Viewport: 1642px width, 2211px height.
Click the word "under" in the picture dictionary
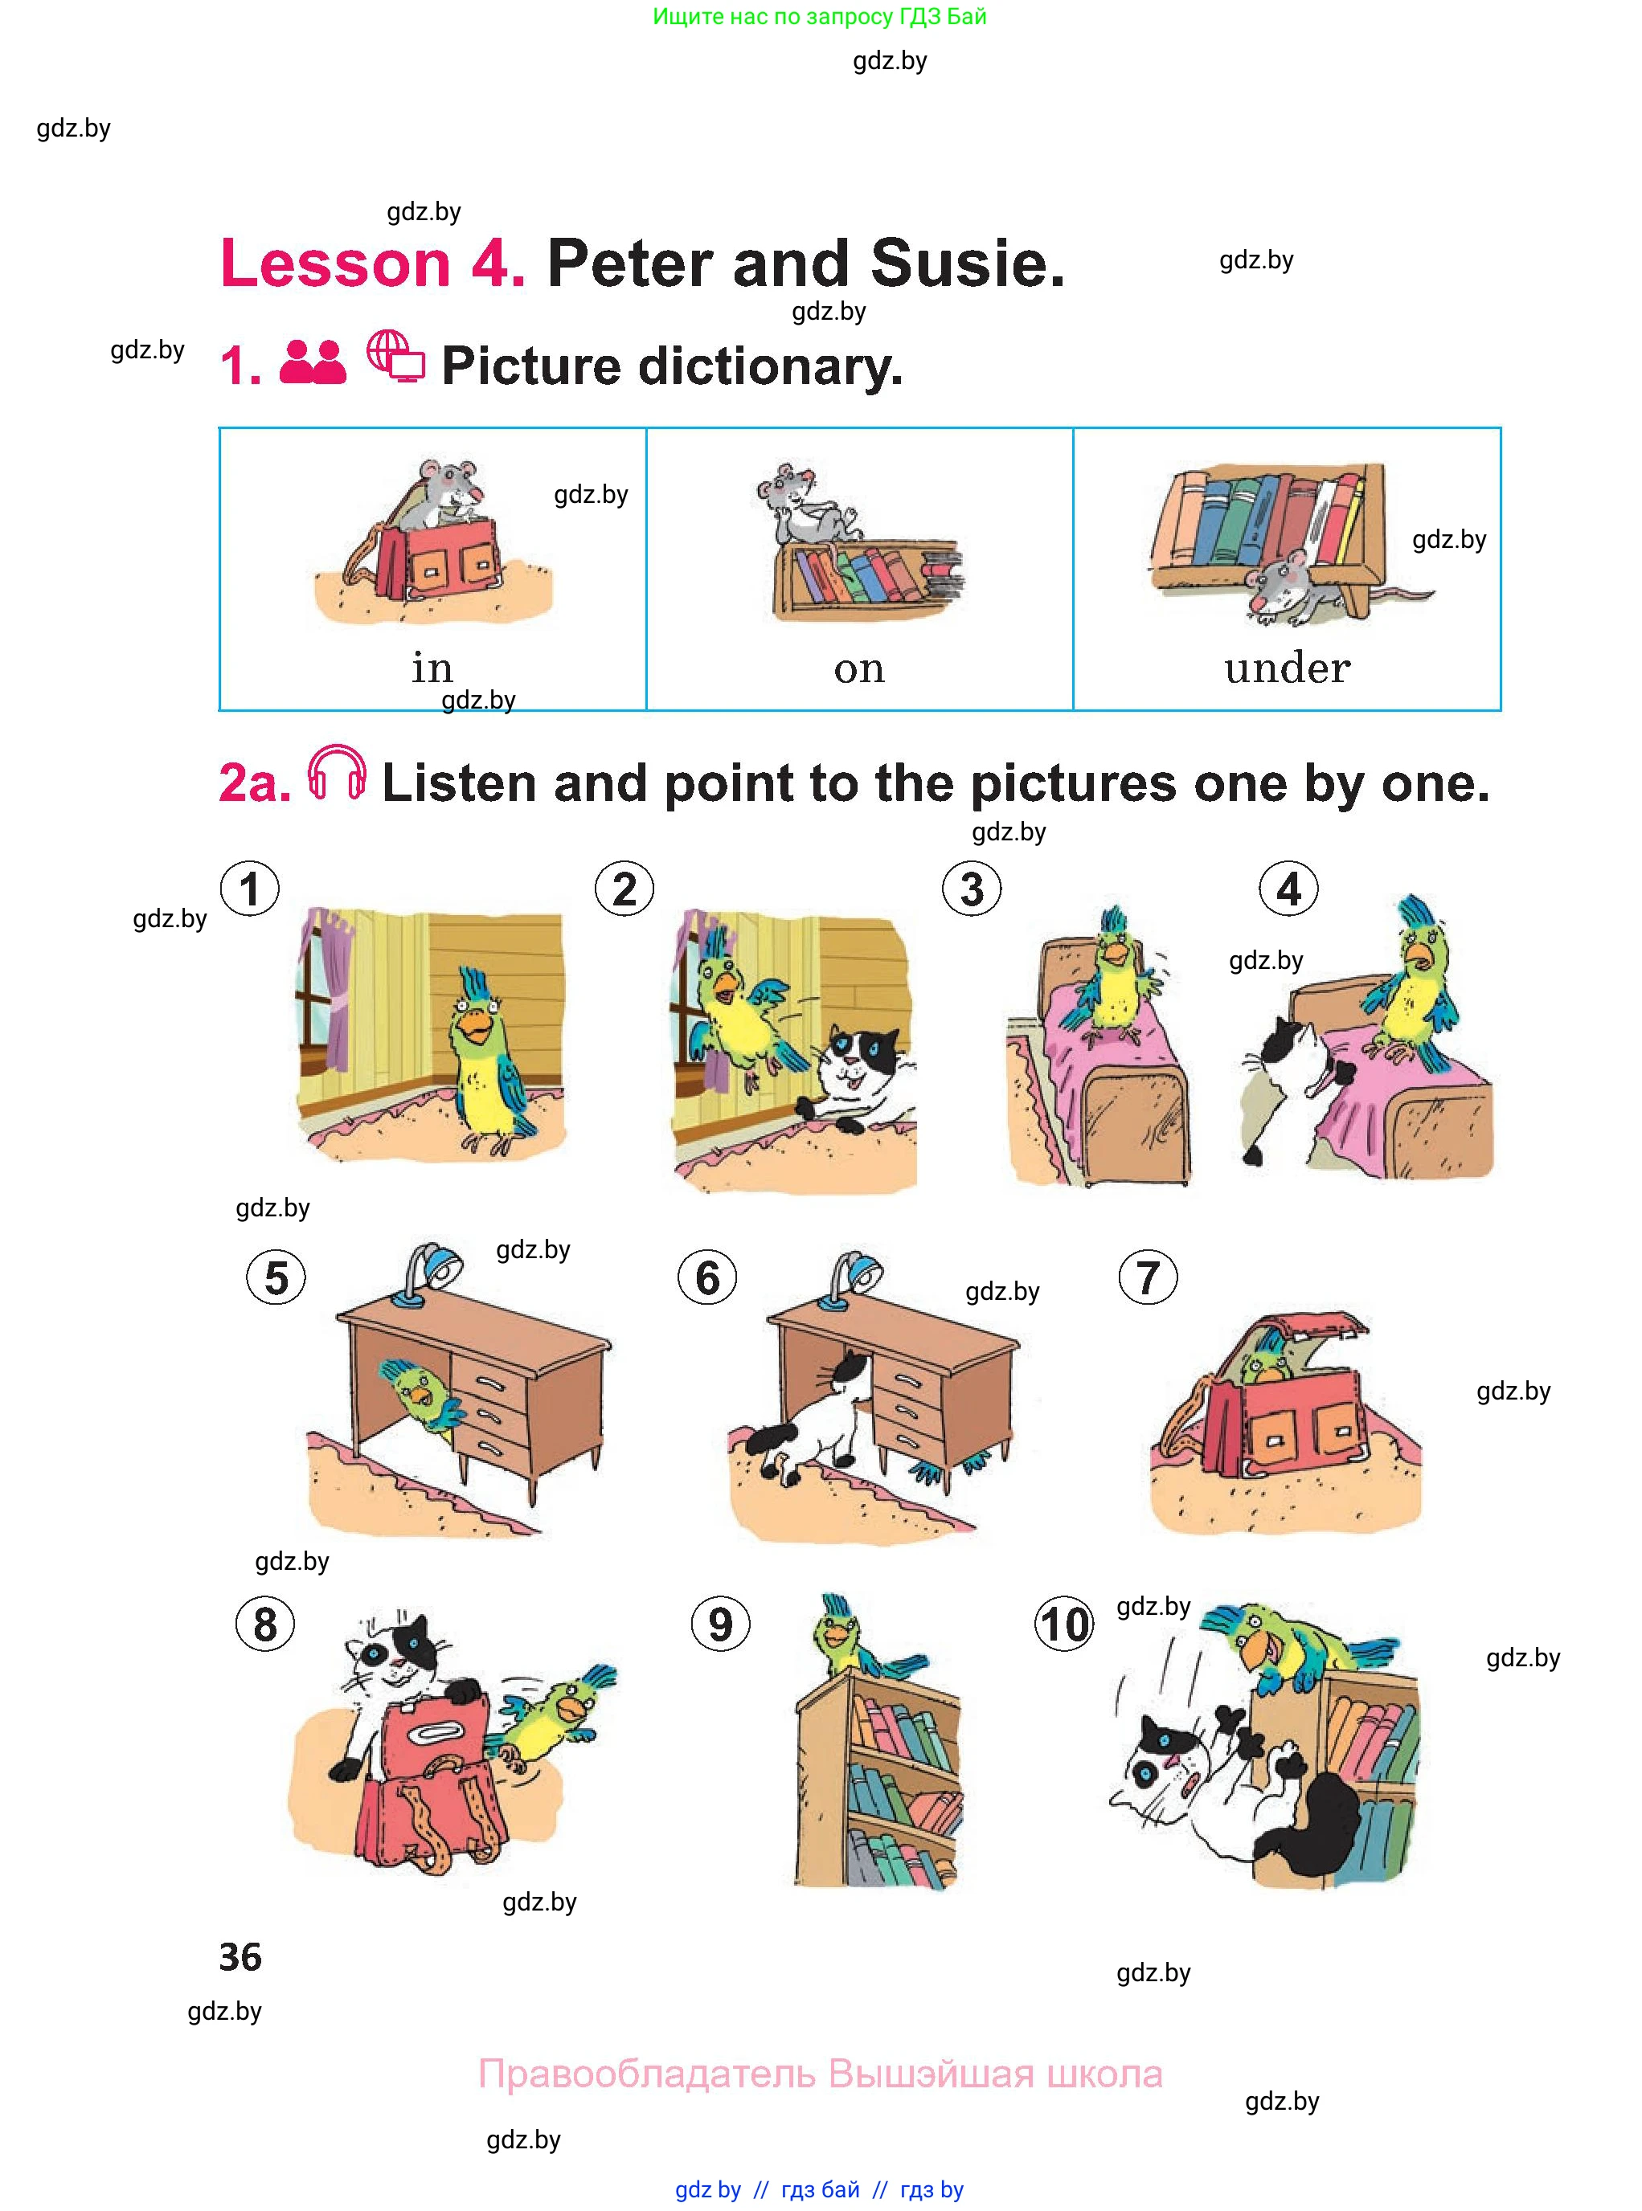pyautogui.click(x=1288, y=667)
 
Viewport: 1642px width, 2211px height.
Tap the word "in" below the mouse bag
pyautogui.click(x=432, y=667)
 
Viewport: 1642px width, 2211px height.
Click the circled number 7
pyautogui.click(x=1148, y=1278)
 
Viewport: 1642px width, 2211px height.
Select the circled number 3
pyautogui.click(x=972, y=889)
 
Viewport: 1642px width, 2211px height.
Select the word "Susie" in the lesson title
pyautogui.click(x=966, y=264)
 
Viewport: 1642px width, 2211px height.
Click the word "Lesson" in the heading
pyautogui.click(x=336, y=264)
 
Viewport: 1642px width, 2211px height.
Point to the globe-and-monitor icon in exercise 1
pyautogui.click(x=395, y=357)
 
